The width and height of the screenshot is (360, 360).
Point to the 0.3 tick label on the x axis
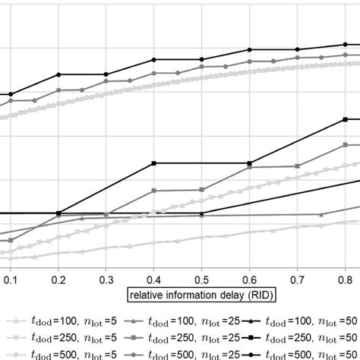[x=106, y=279]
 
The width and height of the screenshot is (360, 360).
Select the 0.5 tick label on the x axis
[x=202, y=279]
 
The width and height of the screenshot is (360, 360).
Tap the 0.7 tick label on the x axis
[x=298, y=279]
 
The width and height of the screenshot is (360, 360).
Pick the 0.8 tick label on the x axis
[x=345, y=279]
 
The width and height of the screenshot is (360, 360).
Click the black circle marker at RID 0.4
[x=154, y=59]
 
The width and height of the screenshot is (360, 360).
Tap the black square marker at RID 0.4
[x=154, y=163]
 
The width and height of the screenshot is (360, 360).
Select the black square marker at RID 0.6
[x=250, y=163]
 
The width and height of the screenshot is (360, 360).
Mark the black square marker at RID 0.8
[x=346, y=119]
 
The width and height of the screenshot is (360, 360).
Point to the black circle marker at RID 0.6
[x=250, y=49]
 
